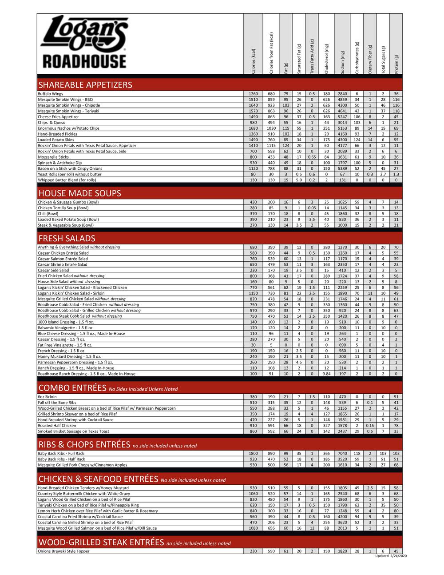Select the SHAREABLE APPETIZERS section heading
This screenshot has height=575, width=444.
click(x=85, y=85)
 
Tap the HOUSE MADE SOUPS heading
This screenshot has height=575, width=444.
click(x=79, y=193)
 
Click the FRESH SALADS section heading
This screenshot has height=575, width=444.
click(x=67, y=238)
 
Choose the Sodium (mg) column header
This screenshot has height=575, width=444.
click(x=342, y=62)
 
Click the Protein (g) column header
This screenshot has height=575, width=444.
click(x=396, y=64)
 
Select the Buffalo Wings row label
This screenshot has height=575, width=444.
click(x=50, y=94)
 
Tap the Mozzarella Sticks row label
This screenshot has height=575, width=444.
click(x=53, y=157)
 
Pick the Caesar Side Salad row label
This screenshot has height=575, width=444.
click(x=53, y=270)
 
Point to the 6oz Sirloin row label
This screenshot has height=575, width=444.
click(x=47, y=397)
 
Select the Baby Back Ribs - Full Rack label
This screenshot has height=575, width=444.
click(x=61, y=454)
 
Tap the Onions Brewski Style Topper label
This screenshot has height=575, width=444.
click(x=63, y=551)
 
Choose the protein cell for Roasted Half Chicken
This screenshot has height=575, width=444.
click(x=396, y=426)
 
